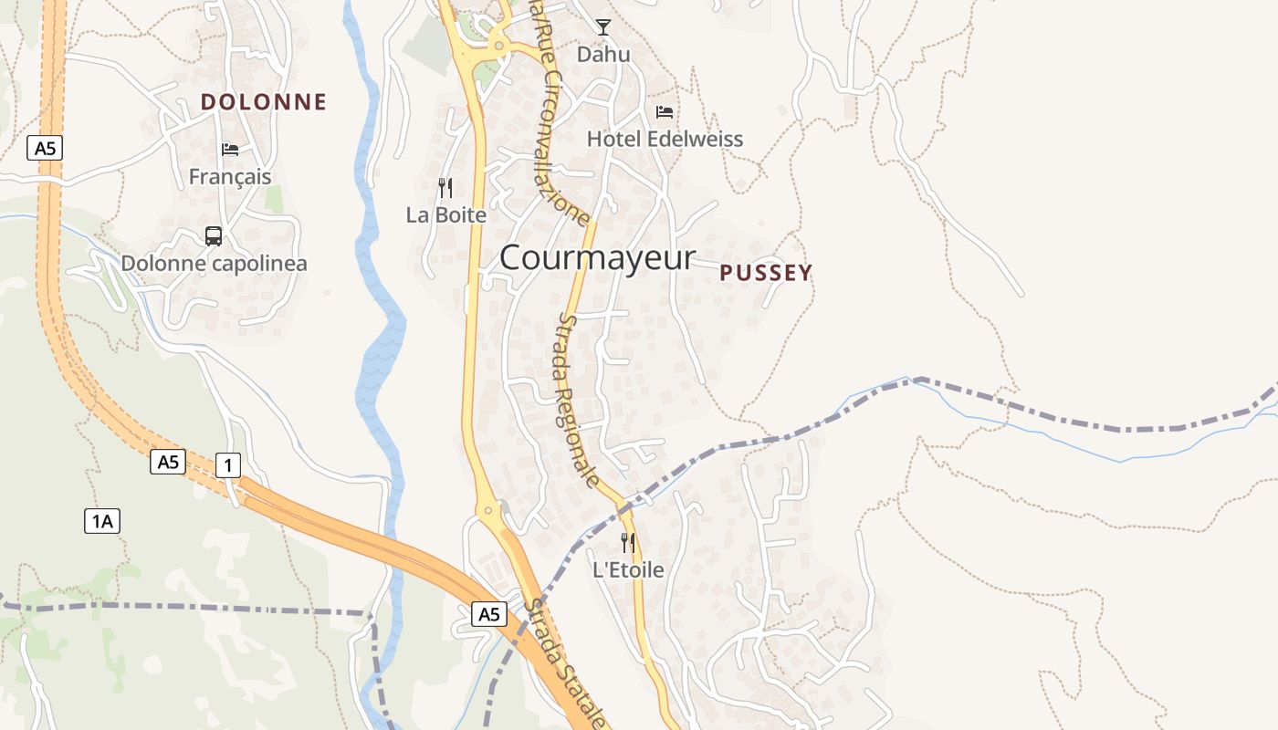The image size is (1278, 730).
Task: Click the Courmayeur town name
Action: tap(597, 257)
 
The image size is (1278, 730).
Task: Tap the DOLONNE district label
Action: tap(263, 102)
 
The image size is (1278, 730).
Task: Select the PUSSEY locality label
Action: tap(765, 273)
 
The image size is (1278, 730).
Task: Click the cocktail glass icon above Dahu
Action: tap(602, 27)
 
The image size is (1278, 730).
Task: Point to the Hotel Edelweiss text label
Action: tap(665, 140)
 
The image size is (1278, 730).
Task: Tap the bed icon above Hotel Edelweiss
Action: tap(665, 112)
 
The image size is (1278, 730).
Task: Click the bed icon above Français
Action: tap(230, 150)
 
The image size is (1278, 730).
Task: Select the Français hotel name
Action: tap(230, 176)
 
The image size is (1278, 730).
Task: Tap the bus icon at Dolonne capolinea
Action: tap(214, 236)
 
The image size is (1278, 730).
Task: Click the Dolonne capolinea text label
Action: tap(214, 264)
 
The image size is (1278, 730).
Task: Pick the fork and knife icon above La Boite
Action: tap(445, 188)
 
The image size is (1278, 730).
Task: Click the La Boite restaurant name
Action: tap(445, 215)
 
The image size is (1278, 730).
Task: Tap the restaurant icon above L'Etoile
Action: tap(628, 543)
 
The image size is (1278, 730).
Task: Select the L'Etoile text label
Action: tap(628, 570)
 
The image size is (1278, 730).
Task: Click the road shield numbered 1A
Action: tap(102, 521)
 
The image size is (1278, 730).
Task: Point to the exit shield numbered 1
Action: tap(227, 465)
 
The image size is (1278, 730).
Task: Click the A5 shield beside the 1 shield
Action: tap(168, 462)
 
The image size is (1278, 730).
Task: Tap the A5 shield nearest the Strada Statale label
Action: tap(489, 614)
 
